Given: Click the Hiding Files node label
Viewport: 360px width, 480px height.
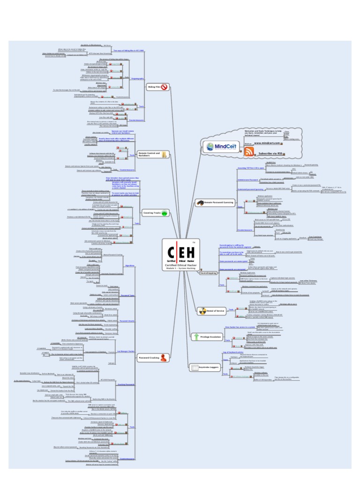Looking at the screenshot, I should tap(154, 87).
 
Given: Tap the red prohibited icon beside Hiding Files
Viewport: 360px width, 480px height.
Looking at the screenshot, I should tap(165, 87).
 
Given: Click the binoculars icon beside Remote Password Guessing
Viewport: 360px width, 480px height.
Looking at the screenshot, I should tap(200, 202).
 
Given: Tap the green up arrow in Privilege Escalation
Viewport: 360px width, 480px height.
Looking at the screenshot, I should tap(196, 337).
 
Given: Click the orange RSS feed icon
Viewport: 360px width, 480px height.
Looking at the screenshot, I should tap(249, 151).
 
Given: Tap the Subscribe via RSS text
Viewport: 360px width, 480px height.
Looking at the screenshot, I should tap(271, 153).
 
